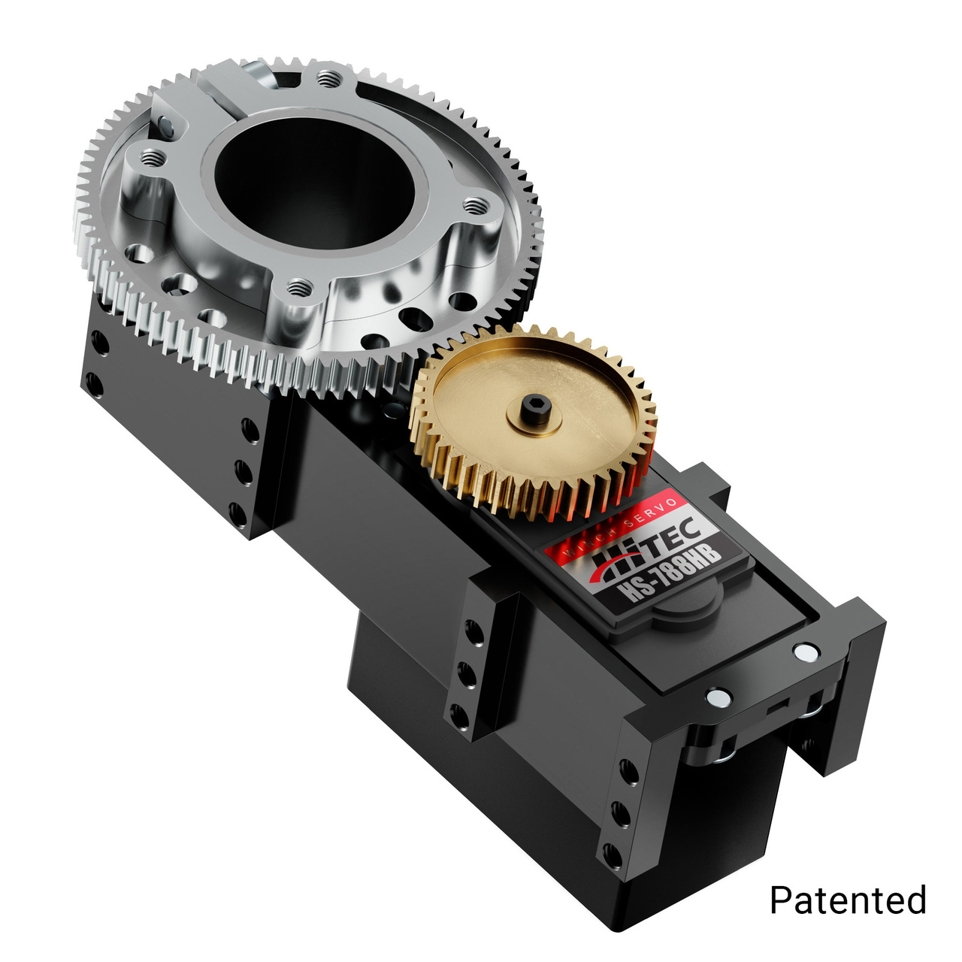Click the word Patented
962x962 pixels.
(x=848, y=900)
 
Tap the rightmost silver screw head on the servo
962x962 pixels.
(x=805, y=652)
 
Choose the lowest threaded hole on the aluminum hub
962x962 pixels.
(x=300, y=286)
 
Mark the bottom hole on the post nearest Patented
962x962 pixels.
(x=613, y=855)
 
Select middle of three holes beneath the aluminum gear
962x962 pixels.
(x=244, y=472)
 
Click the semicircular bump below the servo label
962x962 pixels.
(x=685, y=610)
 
